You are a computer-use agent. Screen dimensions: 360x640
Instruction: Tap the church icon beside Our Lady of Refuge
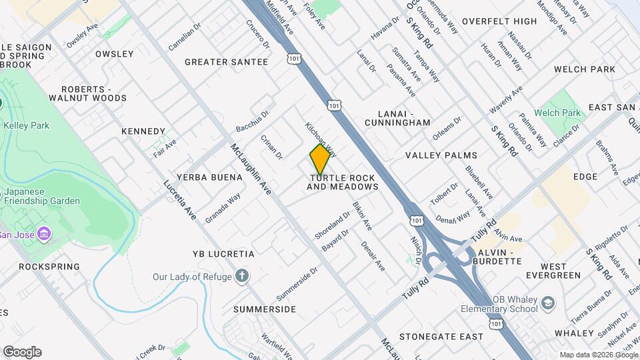(242, 276)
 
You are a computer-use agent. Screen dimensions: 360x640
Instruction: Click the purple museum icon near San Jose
(44, 234)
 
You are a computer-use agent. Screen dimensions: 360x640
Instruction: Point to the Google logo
(21, 352)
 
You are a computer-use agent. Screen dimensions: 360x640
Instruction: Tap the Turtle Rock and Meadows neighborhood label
(343, 183)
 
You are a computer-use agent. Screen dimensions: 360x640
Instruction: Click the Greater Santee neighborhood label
(226, 62)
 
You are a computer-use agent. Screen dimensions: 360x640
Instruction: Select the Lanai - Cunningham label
(398, 118)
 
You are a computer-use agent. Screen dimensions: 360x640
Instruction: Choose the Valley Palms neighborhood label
(441, 155)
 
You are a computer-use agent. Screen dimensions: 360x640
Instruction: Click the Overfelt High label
(499, 21)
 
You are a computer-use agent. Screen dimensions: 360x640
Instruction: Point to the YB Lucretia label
(223, 254)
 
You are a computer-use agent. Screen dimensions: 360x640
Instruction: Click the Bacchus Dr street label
(252, 121)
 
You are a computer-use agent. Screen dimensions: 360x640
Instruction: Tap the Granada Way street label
(223, 208)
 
